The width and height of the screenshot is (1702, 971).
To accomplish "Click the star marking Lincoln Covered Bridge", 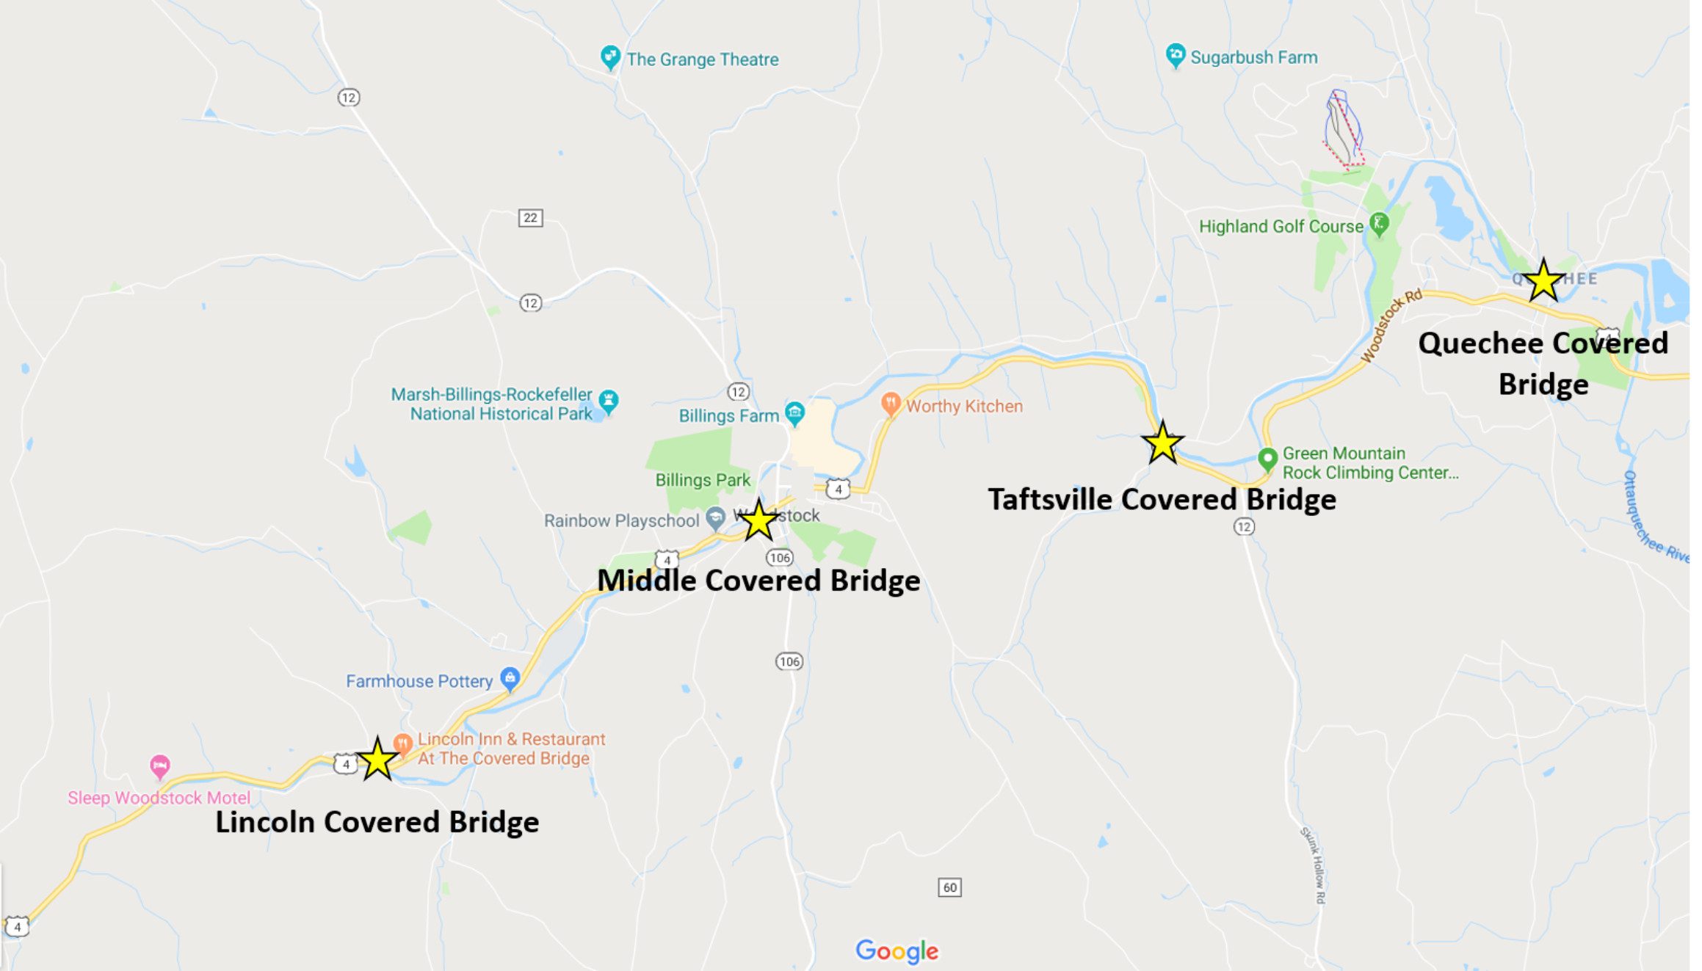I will click(377, 759).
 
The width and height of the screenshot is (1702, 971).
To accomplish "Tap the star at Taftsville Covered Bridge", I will click(1162, 443).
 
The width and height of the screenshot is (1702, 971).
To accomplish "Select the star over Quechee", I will click(1543, 280).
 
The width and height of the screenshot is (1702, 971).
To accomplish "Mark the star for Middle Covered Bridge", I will click(758, 520).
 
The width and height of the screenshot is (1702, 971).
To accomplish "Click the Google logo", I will click(897, 951).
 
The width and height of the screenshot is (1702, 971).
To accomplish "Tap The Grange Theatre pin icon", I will click(609, 57).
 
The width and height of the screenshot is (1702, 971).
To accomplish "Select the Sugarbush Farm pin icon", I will click(1176, 55).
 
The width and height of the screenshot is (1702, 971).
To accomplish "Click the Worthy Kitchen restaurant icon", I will click(891, 404).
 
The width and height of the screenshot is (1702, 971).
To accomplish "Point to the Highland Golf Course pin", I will click(1380, 224).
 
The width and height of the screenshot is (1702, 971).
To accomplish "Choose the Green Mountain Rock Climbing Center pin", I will click(1267, 459).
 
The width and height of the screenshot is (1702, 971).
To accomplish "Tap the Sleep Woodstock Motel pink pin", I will click(159, 767).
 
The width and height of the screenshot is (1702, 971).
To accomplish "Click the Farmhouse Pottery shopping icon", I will click(510, 678).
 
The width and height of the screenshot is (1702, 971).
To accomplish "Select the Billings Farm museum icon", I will click(794, 413).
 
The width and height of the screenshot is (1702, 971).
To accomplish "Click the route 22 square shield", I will click(530, 218).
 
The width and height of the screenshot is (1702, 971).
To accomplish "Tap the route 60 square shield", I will click(949, 887).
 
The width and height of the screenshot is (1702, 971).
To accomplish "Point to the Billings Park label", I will click(703, 480).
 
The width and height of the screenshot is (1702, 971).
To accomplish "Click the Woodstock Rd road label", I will click(1391, 326).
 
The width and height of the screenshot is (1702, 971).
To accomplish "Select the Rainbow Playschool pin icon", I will click(715, 518).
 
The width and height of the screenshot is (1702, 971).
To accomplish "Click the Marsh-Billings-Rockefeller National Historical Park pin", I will click(608, 401).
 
